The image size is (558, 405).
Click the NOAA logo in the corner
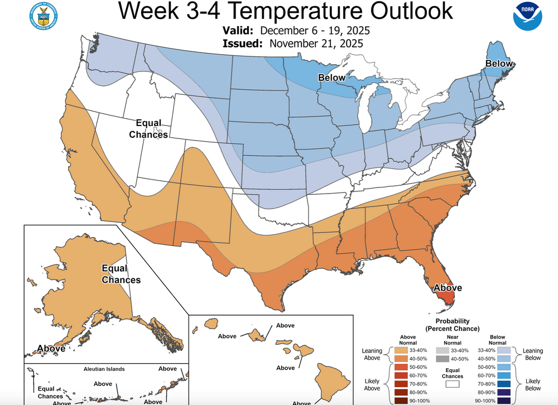[x=527, y=17]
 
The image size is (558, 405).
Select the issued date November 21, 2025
[x=316, y=43]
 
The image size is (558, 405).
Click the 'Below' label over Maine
[x=498, y=64]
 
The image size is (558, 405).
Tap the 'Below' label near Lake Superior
[x=332, y=78]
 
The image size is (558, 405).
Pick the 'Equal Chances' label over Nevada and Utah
[x=148, y=129]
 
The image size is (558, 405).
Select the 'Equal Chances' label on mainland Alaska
[x=121, y=274]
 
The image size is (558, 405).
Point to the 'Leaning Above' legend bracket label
[x=373, y=354]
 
